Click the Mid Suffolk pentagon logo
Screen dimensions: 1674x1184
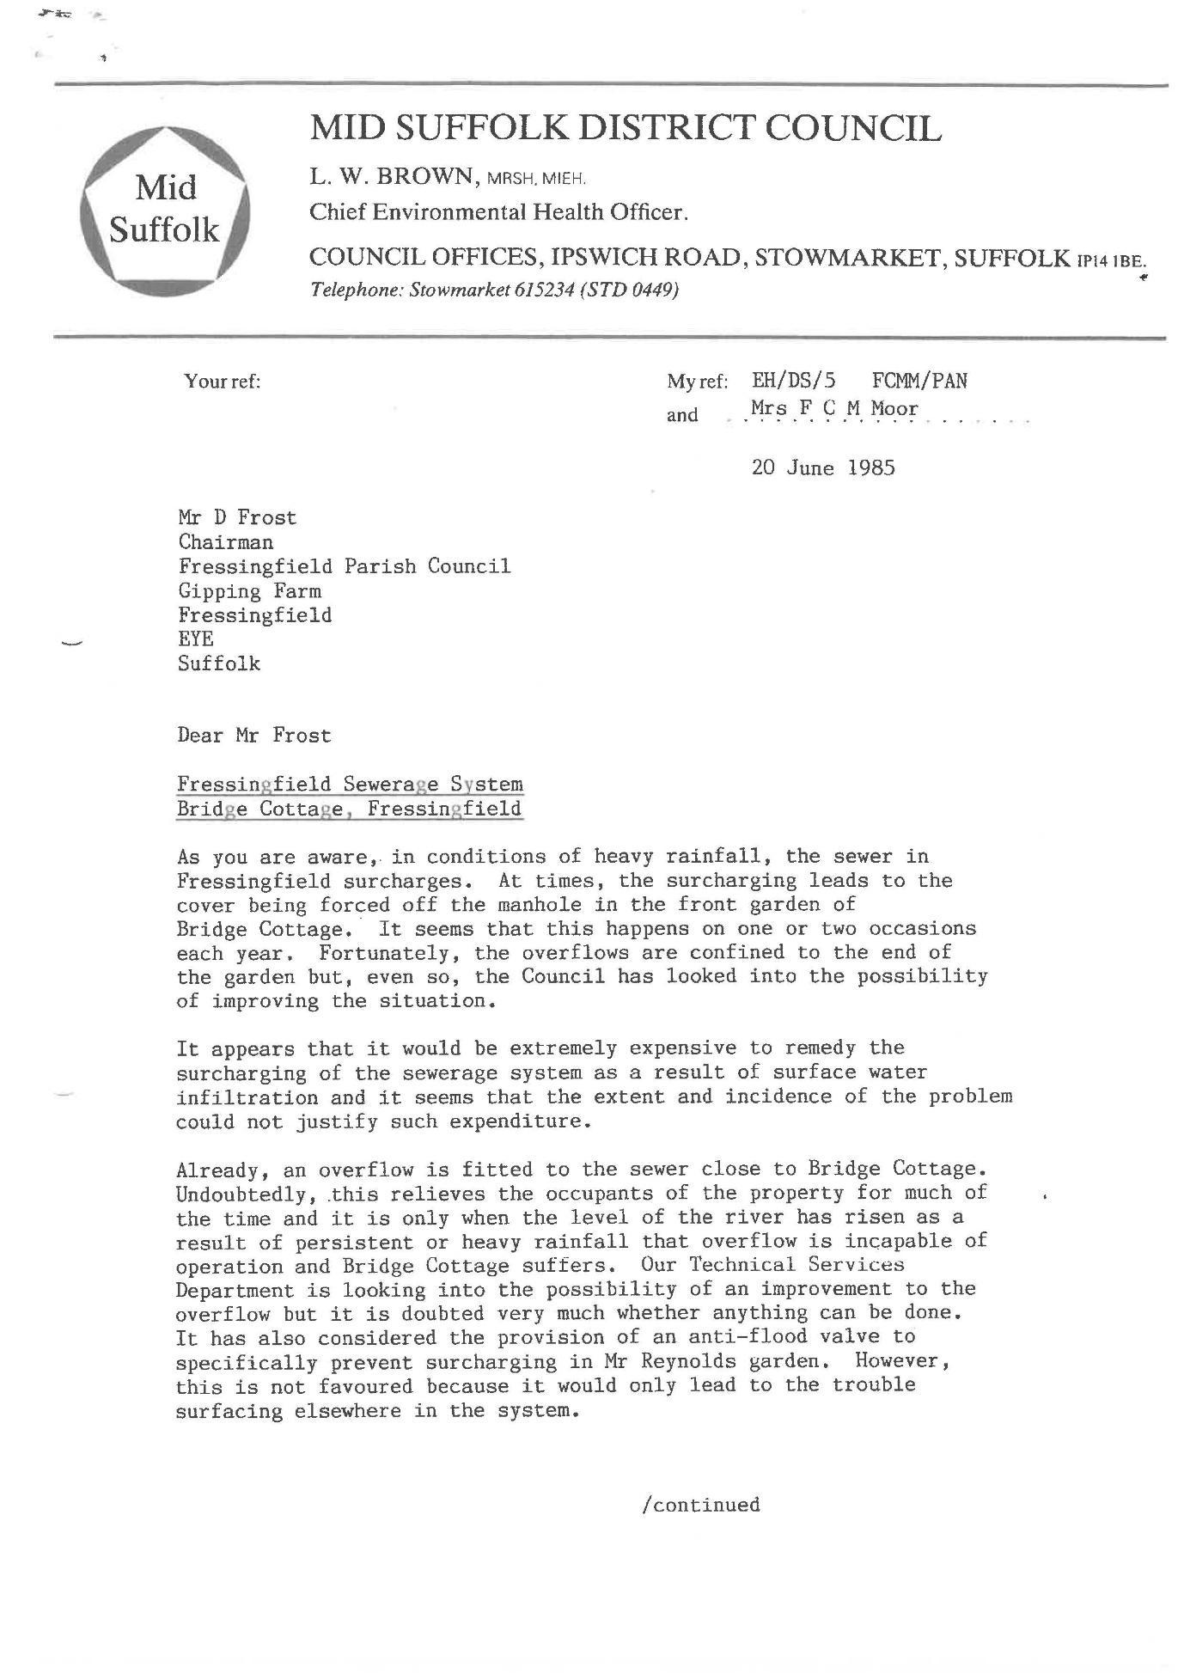click(164, 211)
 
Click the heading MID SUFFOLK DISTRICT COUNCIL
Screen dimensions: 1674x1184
click(625, 129)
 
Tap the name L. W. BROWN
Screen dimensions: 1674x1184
click(392, 177)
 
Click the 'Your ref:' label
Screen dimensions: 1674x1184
click(222, 382)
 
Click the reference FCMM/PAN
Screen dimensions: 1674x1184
click(919, 381)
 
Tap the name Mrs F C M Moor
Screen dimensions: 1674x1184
click(833, 409)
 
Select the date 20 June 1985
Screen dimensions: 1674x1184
click(822, 467)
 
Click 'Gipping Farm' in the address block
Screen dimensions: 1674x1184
click(249, 591)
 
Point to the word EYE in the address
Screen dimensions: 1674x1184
click(196, 639)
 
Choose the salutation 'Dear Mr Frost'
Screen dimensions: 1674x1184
click(253, 736)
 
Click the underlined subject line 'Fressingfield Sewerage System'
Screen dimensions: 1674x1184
click(350, 784)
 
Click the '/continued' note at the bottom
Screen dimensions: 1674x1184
click(700, 1506)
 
